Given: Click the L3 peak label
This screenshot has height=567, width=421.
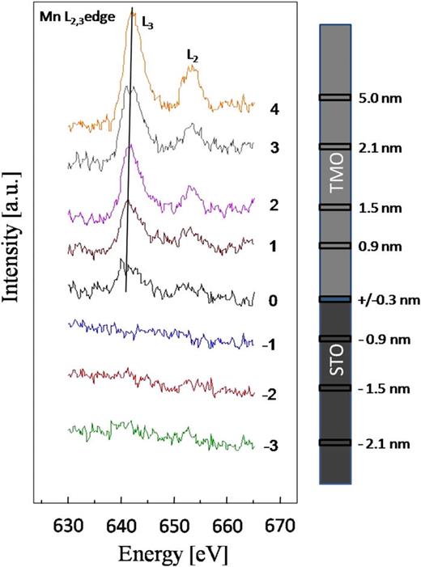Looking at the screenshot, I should tap(149, 24).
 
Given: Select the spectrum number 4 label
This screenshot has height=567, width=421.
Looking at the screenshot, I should tap(275, 110).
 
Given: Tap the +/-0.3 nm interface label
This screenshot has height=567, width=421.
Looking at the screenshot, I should tap(387, 300).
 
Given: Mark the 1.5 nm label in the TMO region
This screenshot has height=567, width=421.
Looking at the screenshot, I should tap(374, 208).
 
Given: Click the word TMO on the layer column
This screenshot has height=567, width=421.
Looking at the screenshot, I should tap(335, 193).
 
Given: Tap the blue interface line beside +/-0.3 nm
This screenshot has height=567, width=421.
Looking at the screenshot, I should tap(335, 299).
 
